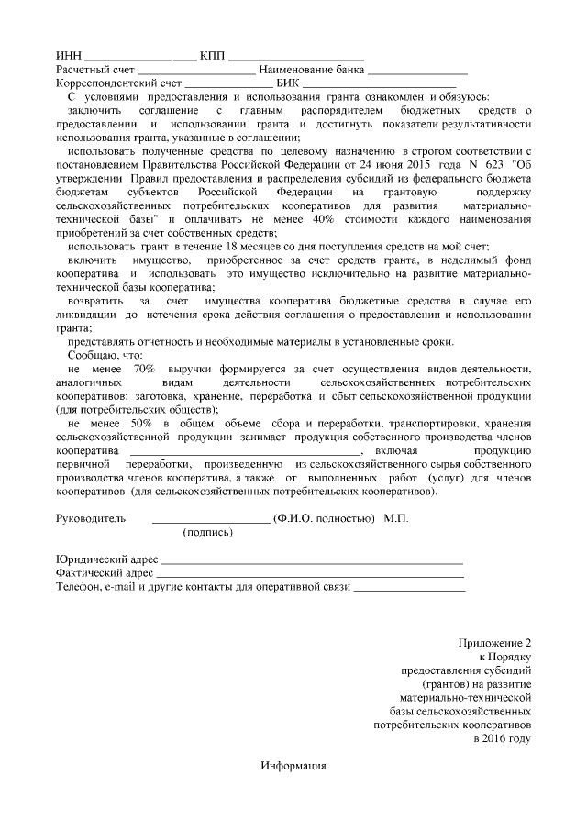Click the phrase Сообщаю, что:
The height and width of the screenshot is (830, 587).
coord(106,355)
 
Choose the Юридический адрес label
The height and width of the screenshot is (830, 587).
coord(107,559)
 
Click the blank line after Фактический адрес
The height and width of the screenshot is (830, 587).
coord(311,573)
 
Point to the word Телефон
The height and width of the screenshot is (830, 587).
coord(78,587)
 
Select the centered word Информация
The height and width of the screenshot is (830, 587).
coord(293,766)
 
